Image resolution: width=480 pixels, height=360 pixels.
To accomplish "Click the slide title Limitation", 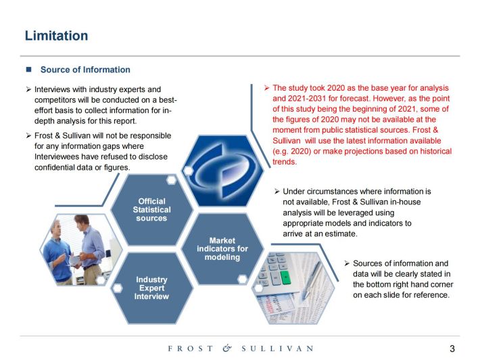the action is pos(56,36).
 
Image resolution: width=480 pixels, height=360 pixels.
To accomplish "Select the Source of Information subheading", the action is pos(85,70).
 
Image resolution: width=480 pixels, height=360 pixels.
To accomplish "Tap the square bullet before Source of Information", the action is pos(29,69).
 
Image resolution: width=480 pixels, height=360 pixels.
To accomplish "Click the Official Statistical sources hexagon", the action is pos(152,210).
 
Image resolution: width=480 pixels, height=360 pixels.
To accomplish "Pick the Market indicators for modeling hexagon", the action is pos(222,249).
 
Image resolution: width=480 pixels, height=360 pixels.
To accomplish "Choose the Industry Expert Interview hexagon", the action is pos(152,288).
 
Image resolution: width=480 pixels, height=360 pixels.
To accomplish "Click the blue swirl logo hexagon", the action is pos(222,171).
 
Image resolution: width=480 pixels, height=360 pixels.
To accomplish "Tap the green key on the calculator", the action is pos(285,277).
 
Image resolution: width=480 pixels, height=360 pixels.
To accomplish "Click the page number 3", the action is pos(452,348).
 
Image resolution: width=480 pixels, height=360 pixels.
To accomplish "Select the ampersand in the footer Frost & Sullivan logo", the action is pos(227,348).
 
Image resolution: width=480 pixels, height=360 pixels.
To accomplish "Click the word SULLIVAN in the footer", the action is pos(277,348).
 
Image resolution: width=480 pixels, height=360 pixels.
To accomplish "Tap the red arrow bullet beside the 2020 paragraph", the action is pos(267,88).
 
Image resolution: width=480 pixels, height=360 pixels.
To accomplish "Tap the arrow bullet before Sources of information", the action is pos(347,263).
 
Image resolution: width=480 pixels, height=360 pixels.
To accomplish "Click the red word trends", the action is pos(285,162).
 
